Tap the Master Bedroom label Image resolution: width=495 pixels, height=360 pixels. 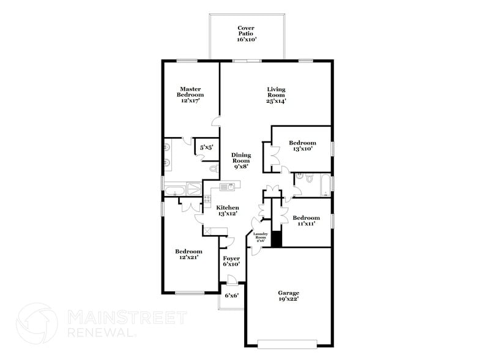coord(191,95)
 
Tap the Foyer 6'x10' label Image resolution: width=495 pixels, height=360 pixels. coord(231,262)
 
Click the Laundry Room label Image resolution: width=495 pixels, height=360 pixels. coord(261,237)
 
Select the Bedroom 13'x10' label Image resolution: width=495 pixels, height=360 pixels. coord(302,146)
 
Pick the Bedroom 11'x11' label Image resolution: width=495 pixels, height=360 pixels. coord(306,222)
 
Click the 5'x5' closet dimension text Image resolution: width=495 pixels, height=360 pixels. coord(206,147)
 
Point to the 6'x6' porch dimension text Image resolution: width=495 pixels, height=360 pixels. coord(231,296)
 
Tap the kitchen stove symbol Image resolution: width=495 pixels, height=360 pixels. coord(206,199)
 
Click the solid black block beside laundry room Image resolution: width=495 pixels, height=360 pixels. coord(276,239)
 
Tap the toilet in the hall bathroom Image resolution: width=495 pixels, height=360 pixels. coord(308,179)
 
